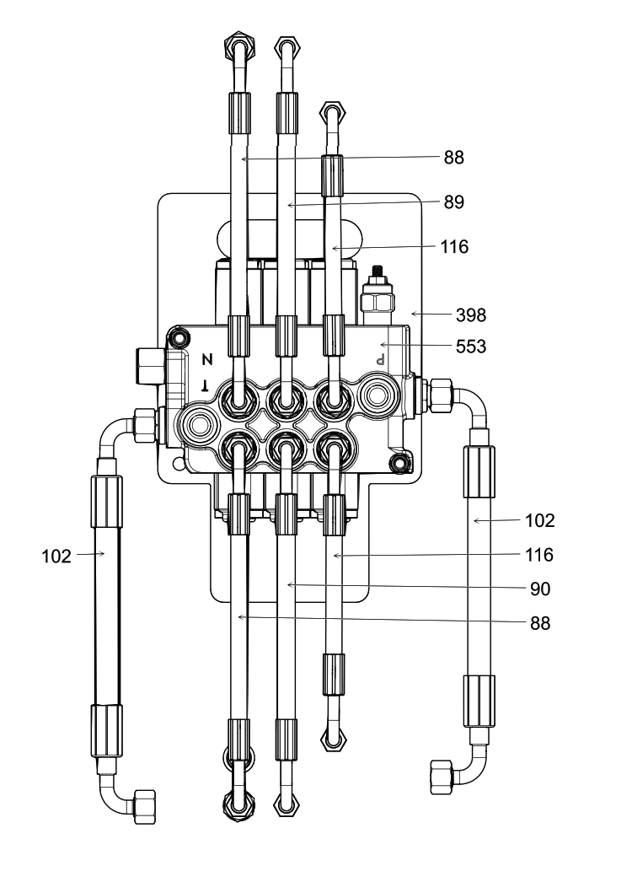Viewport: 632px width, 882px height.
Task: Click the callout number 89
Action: click(453, 202)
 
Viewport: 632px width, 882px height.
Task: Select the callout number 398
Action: click(470, 315)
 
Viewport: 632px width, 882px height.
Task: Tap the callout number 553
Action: click(470, 347)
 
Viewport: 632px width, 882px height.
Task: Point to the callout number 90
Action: click(540, 589)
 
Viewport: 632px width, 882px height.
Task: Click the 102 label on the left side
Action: click(56, 557)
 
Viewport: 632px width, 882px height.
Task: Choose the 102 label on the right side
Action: click(540, 520)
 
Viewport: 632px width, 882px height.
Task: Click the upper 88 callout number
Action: click(453, 158)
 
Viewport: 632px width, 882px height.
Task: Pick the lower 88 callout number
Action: click(540, 623)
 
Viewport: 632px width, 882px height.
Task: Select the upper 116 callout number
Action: click(453, 246)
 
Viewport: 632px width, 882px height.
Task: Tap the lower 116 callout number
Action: click(539, 555)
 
